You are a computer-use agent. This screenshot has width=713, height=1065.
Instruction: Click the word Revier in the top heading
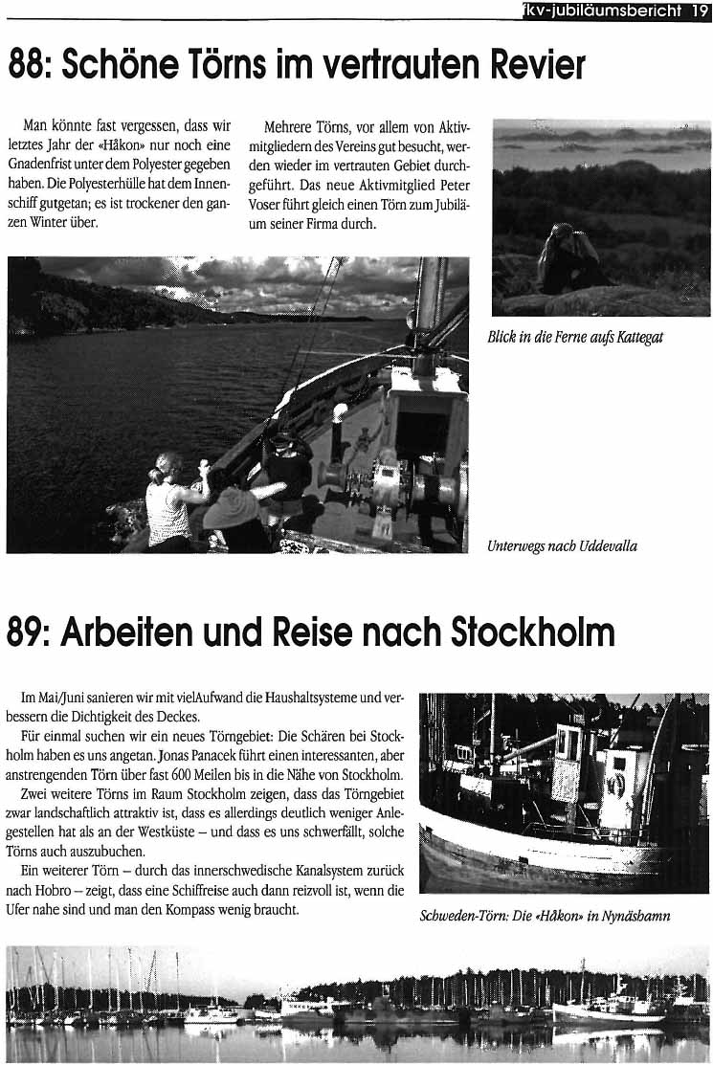point(534,66)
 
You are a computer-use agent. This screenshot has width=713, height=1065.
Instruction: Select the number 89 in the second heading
point(28,633)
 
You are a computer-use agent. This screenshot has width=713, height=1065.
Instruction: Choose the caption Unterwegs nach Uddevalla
point(562,546)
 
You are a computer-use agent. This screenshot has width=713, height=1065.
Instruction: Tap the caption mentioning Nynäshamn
point(545,916)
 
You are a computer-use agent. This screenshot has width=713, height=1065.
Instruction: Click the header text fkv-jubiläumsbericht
point(599,11)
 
